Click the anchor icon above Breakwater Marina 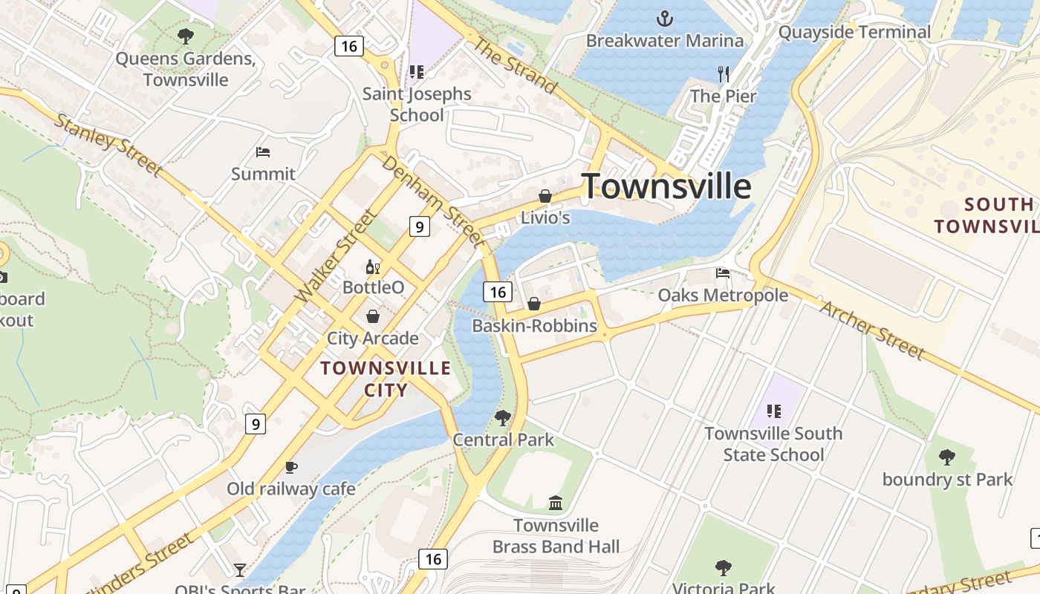(665, 19)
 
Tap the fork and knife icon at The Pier (724, 74)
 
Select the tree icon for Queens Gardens (186, 36)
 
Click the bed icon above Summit (262, 152)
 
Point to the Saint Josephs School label (417, 104)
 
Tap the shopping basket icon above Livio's (545, 196)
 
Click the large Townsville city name (666, 186)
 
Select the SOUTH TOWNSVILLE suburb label (987, 215)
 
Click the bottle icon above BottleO (373, 267)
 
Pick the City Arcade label (373, 339)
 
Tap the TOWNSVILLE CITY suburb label (386, 379)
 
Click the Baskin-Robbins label (534, 326)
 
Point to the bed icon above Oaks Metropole (723, 273)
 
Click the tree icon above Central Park (503, 418)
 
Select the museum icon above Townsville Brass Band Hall (556, 503)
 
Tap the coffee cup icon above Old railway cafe (291, 467)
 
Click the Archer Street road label (872, 330)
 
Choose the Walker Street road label (337, 255)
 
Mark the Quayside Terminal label (854, 32)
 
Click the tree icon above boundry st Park (947, 457)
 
